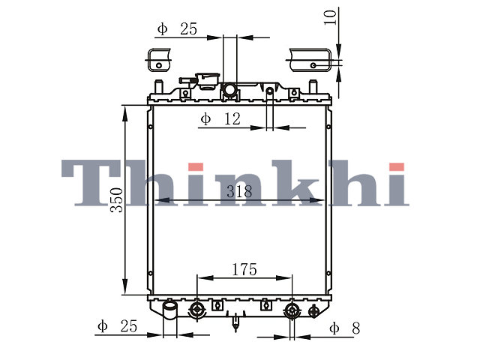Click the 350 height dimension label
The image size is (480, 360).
tap(117, 200)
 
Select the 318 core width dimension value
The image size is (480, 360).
tap(239, 192)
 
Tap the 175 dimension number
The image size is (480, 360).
tap(244, 270)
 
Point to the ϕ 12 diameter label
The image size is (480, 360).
tap(220, 119)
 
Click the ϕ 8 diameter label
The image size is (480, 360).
tap(345, 328)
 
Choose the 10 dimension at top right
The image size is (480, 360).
tap(330, 17)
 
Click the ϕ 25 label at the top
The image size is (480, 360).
tap(177, 29)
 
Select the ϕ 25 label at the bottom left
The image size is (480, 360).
tap(118, 326)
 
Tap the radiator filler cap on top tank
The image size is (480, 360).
tap(208, 81)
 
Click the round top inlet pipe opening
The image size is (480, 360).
tap(229, 89)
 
